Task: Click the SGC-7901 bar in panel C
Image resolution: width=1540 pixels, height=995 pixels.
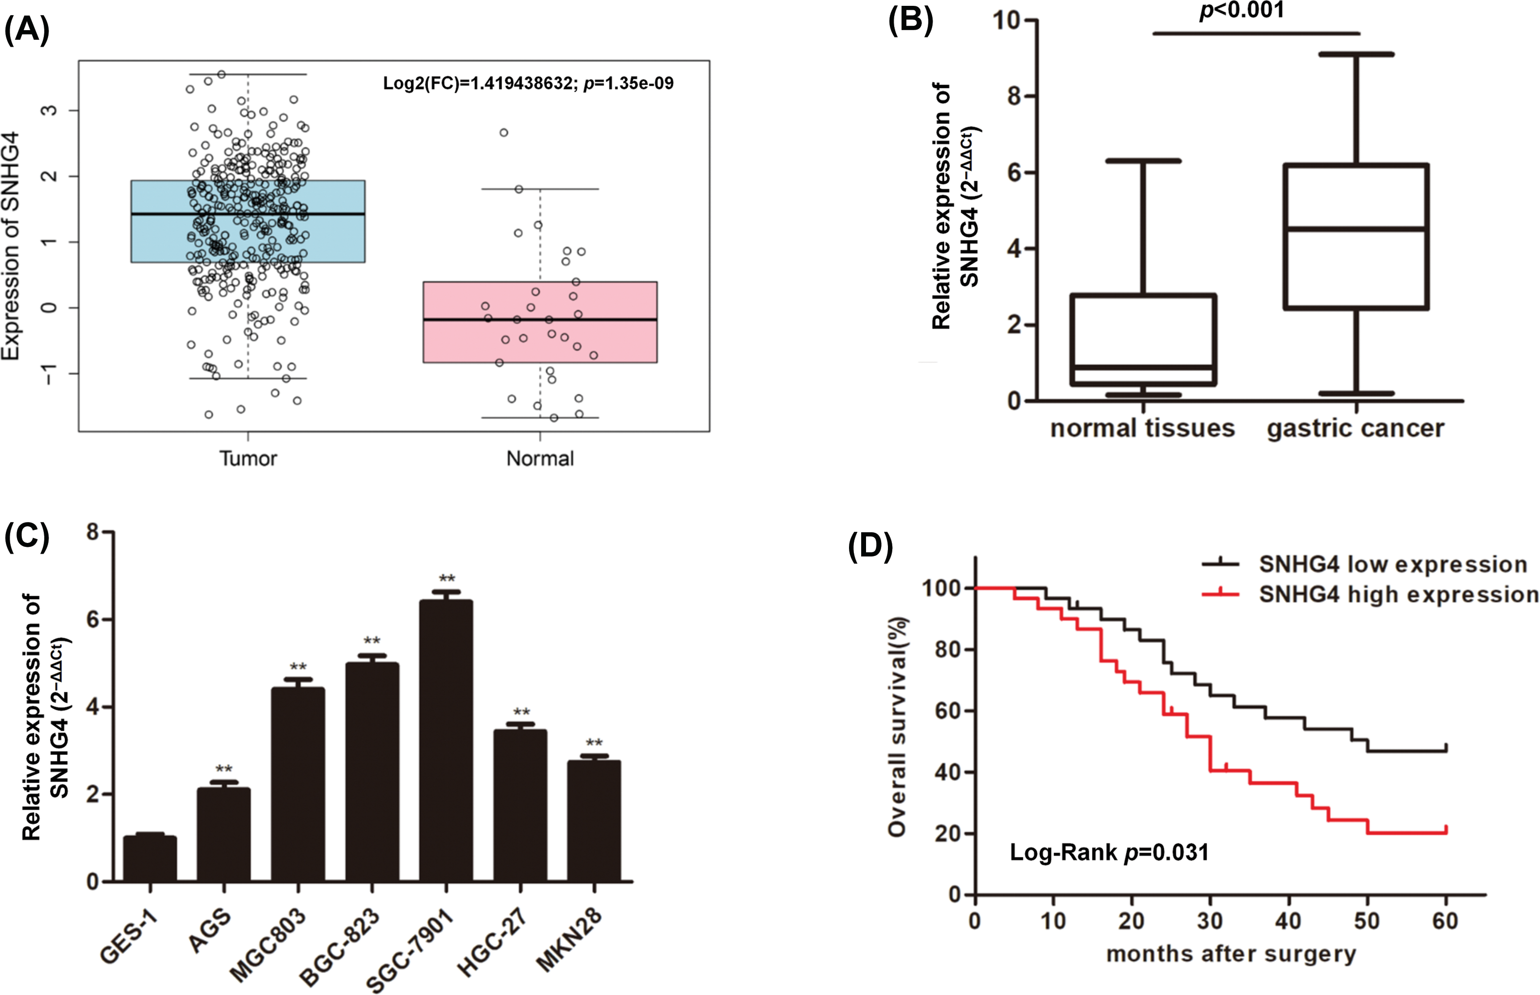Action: pyautogui.click(x=446, y=740)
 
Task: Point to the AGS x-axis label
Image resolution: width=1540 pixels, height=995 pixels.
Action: pyautogui.click(x=211, y=930)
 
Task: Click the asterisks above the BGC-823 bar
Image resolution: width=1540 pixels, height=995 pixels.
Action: pyautogui.click(x=372, y=642)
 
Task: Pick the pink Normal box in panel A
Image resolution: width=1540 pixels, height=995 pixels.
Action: pyautogui.click(x=540, y=322)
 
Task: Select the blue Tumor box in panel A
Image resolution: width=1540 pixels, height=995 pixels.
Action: pyautogui.click(x=248, y=221)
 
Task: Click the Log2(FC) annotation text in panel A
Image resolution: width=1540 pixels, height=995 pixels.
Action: pyautogui.click(x=528, y=83)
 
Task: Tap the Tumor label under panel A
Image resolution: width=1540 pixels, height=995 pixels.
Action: pyautogui.click(x=248, y=459)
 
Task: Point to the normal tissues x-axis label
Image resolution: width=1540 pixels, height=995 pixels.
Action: pyautogui.click(x=1143, y=428)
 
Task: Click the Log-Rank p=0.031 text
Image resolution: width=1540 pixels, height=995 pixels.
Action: pyautogui.click(x=1110, y=853)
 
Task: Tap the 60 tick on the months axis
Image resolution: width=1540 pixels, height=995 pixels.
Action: pyautogui.click(x=1445, y=920)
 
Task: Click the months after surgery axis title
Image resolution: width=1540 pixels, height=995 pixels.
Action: pyautogui.click(x=1231, y=954)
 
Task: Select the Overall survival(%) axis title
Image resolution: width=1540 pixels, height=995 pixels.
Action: pyautogui.click(x=898, y=727)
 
